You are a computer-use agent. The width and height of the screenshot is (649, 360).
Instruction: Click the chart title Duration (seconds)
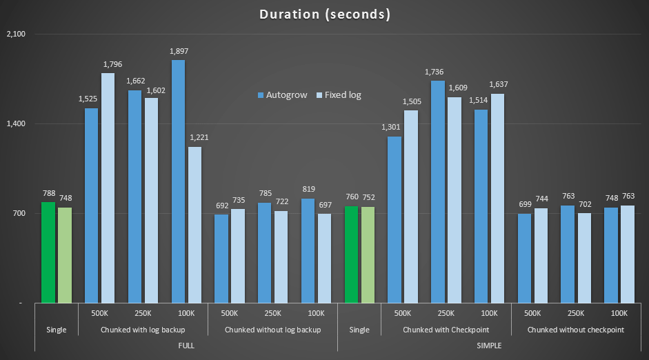pos(324,14)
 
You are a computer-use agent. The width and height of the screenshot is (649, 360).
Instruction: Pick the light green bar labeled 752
pos(368,254)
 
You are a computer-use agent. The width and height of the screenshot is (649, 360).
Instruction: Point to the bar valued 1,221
pos(194,225)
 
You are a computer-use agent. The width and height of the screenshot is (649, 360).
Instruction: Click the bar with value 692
pos(221,259)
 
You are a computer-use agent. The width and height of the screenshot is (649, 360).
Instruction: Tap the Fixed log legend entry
pos(339,95)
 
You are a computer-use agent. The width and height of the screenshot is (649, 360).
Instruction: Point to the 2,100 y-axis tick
pos(14,34)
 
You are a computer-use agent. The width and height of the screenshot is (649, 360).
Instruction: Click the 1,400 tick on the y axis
pos(14,124)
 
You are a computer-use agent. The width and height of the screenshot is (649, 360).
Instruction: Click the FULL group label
pos(186,345)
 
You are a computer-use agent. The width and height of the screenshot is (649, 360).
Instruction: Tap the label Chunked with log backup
pos(143,330)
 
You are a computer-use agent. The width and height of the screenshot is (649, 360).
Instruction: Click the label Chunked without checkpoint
pos(576,330)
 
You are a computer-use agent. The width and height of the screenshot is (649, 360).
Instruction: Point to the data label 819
pos(308,189)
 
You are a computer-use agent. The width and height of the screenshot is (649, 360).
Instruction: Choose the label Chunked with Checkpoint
pos(446,330)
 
